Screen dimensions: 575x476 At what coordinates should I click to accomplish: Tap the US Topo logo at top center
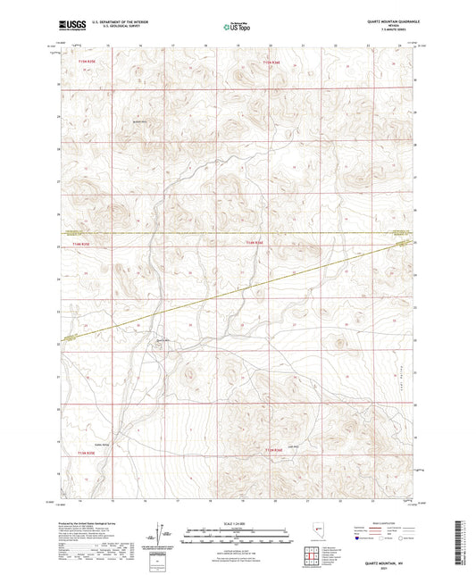pos(236,27)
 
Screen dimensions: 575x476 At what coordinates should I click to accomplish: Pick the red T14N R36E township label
pos(255,243)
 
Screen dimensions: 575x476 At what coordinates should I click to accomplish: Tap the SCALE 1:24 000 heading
pos(238,523)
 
